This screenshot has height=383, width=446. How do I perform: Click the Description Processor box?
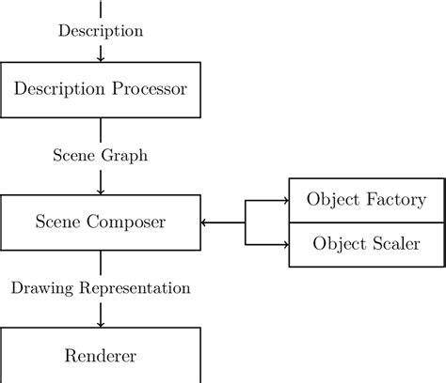coord(101,89)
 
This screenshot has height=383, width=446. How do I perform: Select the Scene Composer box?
coord(101,222)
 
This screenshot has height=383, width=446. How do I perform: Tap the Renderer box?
coord(101,356)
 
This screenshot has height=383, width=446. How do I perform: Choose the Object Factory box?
coord(367,200)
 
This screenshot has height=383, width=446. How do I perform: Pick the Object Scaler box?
coord(367,244)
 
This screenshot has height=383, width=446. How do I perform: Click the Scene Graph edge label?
coord(101,156)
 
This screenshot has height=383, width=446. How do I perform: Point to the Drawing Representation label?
coord(101,288)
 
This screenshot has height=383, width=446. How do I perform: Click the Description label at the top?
coord(101,31)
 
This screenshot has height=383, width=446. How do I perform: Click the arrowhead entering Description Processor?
coord(101,58)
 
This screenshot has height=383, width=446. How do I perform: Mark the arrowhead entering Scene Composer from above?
coord(101,191)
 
